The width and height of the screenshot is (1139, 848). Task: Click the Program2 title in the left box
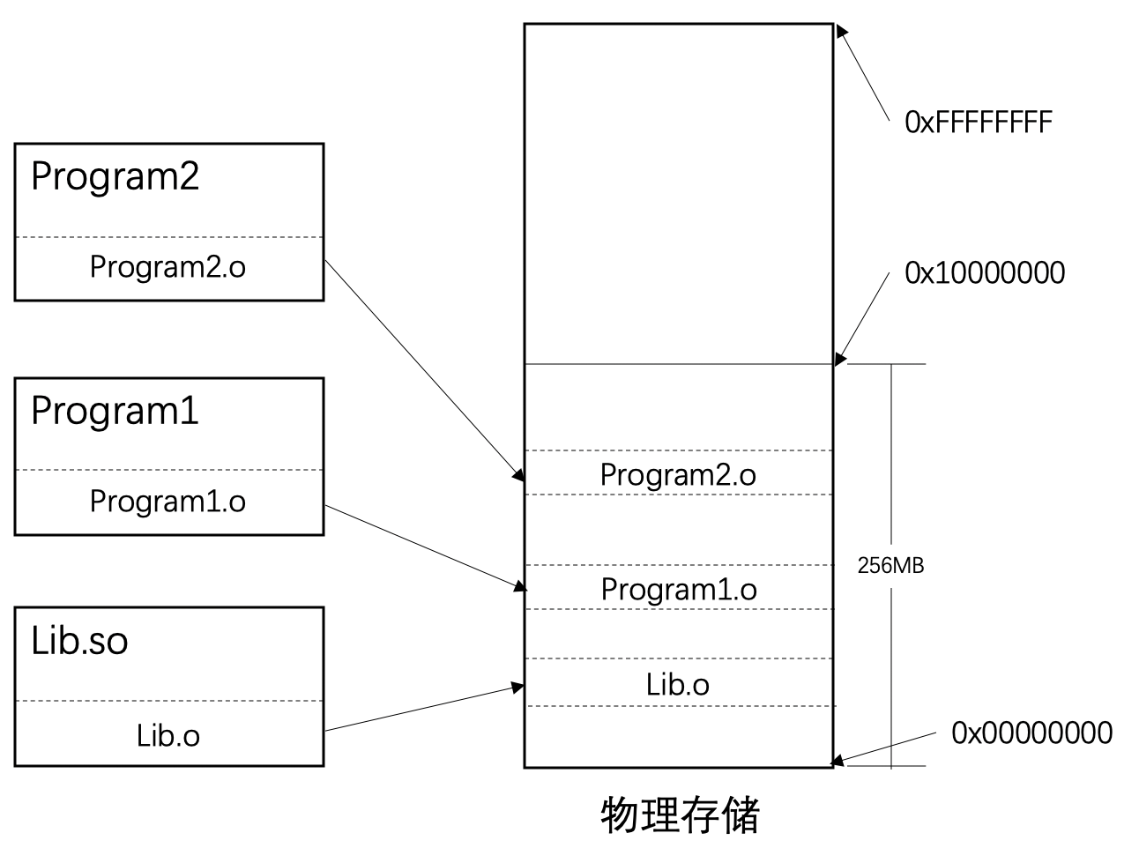click(115, 176)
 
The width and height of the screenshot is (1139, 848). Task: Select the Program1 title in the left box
click(115, 412)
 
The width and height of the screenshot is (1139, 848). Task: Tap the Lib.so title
click(79, 641)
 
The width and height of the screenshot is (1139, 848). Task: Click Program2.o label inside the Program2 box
click(167, 266)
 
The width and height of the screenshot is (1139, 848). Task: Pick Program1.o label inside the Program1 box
click(167, 502)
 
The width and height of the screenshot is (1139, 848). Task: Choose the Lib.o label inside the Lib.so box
click(167, 735)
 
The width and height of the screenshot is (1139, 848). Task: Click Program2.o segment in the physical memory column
click(678, 474)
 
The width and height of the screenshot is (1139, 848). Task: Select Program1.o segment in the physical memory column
click(678, 589)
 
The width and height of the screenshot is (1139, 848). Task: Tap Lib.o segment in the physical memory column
click(678, 684)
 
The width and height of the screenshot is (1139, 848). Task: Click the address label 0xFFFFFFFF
click(978, 122)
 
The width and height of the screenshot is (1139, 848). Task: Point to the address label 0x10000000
click(985, 273)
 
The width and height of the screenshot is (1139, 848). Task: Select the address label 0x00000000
click(1031, 733)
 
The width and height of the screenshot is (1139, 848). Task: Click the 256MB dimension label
click(890, 566)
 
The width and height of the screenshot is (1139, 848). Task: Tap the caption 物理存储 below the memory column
click(680, 815)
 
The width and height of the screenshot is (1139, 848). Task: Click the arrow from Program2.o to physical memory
click(424, 369)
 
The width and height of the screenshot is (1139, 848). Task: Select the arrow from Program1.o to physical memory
click(424, 547)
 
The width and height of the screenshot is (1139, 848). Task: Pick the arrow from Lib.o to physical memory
click(424, 708)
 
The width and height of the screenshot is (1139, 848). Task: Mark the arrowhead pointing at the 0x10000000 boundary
click(840, 357)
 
